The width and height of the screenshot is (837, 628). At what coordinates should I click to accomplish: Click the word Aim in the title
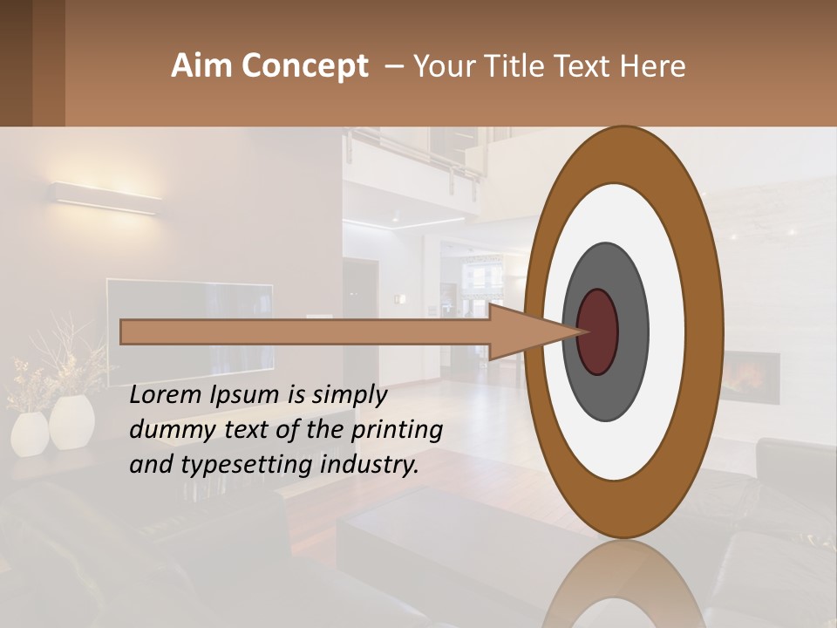[202, 66]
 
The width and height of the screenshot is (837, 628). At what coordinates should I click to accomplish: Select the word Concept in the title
[304, 66]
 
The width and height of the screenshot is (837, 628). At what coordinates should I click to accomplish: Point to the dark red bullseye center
[598, 332]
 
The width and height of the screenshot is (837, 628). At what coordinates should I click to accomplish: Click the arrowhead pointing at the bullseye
[532, 332]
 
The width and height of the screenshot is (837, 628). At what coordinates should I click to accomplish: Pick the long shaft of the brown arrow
[305, 332]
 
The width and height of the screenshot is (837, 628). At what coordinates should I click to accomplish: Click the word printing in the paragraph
[397, 431]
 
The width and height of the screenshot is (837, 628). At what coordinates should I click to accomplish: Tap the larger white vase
[71, 422]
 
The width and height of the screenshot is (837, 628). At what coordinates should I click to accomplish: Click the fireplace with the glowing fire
[751, 377]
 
